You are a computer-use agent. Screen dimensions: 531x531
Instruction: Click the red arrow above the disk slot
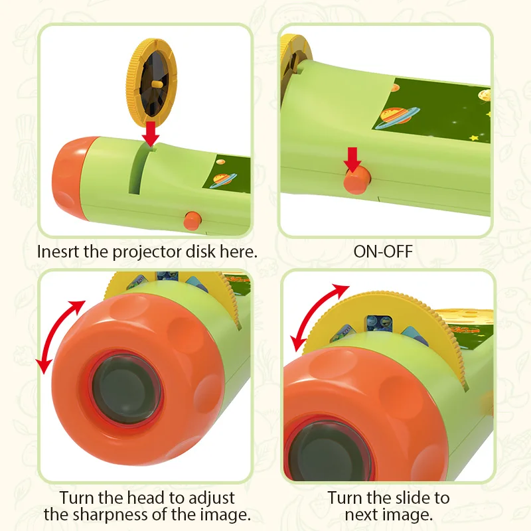pyautogui.click(x=152, y=131)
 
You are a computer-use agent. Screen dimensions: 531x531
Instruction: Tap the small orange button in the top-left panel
pyautogui.click(x=193, y=220)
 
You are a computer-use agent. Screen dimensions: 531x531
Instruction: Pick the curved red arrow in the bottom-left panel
pyautogui.click(x=62, y=335)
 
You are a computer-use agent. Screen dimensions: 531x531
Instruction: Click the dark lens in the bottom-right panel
pyautogui.click(x=319, y=452)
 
